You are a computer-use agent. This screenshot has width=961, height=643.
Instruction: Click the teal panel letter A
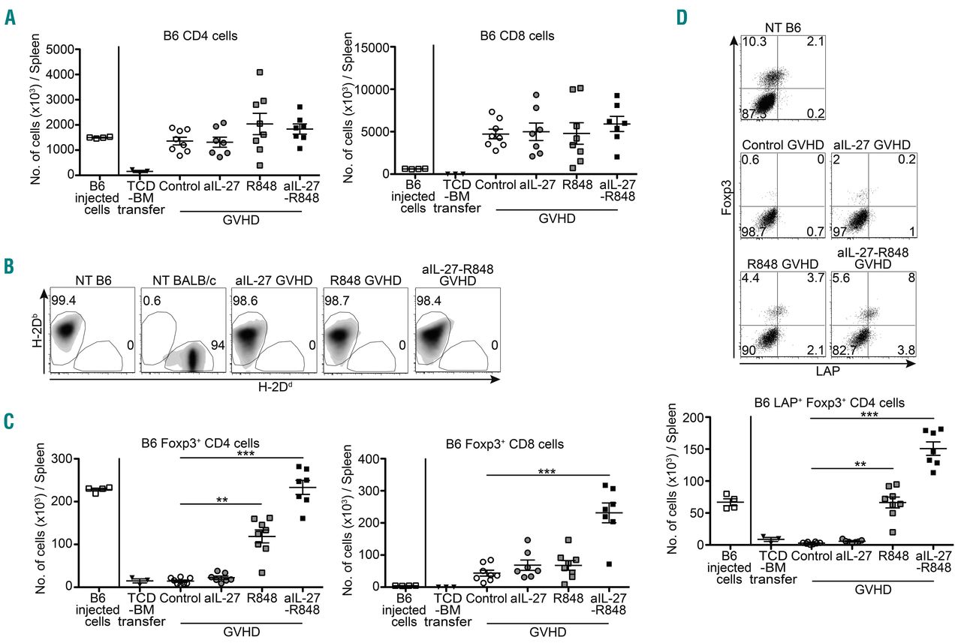pos(11,17)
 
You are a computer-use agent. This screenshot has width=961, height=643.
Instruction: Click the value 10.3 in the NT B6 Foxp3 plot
pos(753,42)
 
